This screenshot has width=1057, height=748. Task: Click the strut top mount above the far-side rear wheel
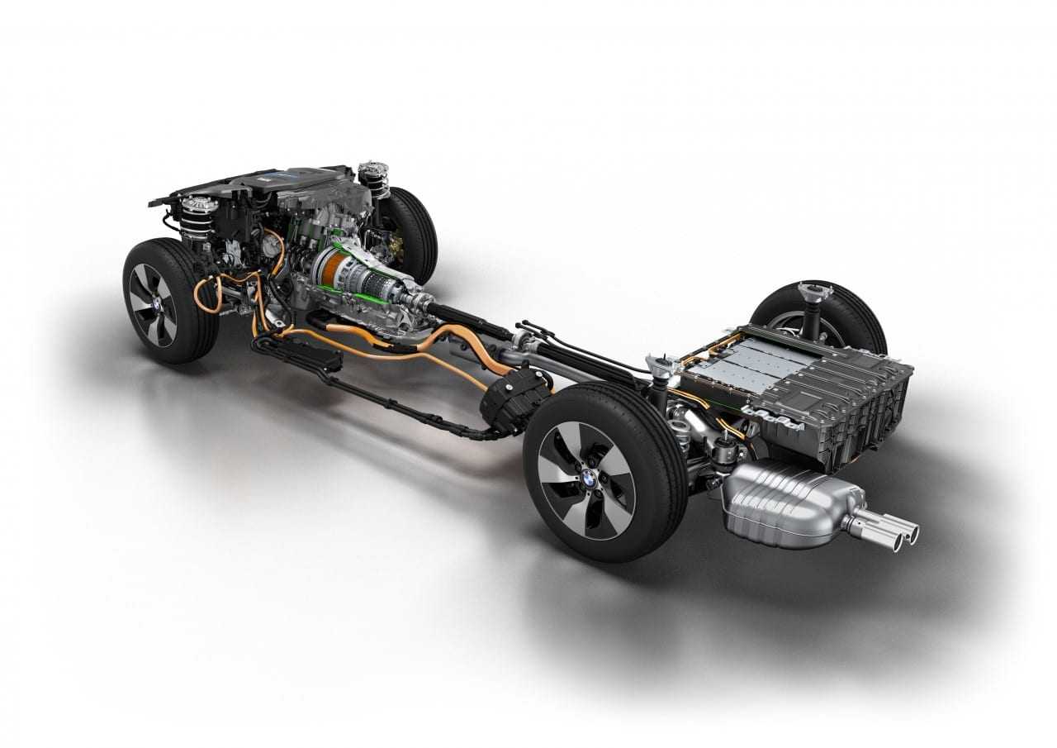(x=813, y=293)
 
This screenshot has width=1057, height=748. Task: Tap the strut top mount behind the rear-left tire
(x=661, y=364)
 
